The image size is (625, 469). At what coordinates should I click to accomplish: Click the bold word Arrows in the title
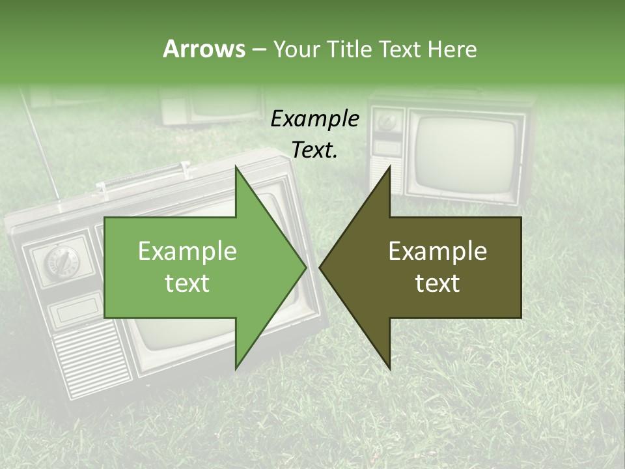click(204, 49)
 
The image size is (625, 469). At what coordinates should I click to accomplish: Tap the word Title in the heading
click(351, 49)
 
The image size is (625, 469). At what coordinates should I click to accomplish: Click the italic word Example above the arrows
click(315, 119)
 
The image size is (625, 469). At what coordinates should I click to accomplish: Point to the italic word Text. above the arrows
click(315, 150)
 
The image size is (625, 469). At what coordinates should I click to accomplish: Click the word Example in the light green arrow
click(187, 251)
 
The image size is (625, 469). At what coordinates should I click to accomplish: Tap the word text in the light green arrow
click(187, 283)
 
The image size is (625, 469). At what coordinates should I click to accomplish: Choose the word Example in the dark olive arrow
click(437, 251)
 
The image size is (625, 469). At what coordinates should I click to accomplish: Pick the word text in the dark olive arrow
click(437, 283)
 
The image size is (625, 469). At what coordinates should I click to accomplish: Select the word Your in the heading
click(296, 49)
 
